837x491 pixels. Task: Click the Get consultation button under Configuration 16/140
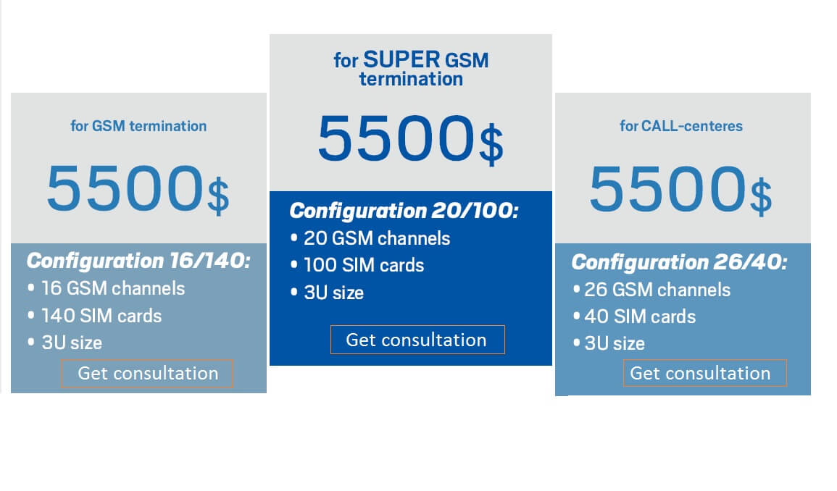(x=147, y=373)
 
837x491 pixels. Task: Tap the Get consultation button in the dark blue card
(x=417, y=340)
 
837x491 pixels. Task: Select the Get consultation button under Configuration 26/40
(x=704, y=373)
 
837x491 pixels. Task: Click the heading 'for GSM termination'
(x=138, y=126)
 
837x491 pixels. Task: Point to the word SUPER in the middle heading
(x=402, y=59)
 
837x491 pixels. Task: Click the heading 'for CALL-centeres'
(x=681, y=126)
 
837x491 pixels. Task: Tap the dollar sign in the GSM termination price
(x=218, y=196)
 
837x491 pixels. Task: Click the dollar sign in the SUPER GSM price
(x=491, y=145)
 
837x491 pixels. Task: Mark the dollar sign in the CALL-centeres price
(x=761, y=196)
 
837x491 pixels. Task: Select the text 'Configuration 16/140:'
(x=139, y=261)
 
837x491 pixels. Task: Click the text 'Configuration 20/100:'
(x=404, y=210)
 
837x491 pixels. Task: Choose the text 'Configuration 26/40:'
(x=680, y=262)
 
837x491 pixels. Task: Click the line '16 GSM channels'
(x=113, y=288)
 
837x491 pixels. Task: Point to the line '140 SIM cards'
(x=101, y=316)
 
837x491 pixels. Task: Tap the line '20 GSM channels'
(x=377, y=238)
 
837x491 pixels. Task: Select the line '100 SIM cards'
(x=364, y=265)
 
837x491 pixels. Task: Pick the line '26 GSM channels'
(x=657, y=290)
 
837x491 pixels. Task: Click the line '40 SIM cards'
(x=640, y=316)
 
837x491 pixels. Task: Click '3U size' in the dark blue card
(x=333, y=293)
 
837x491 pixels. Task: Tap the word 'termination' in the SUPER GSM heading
(x=411, y=79)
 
